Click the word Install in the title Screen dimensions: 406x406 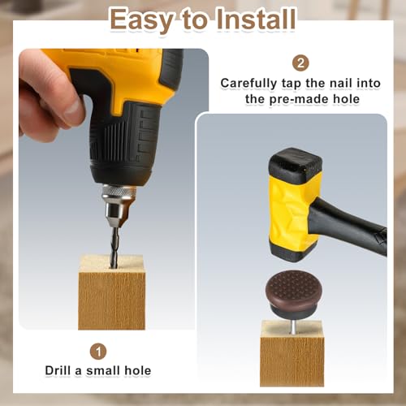click(256, 19)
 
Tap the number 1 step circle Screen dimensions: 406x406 click(98, 352)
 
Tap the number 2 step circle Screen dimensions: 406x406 click(300, 63)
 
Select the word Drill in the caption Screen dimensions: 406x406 click(58, 370)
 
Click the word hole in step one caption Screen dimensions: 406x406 click(137, 370)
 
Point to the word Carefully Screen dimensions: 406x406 click(248, 84)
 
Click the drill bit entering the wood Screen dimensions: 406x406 click(114, 248)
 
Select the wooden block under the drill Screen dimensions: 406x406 click(111, 292)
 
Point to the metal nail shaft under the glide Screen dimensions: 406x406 click(292, 326)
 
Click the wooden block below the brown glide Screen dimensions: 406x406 click(292, 353)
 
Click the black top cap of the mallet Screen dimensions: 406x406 click(296, 162)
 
